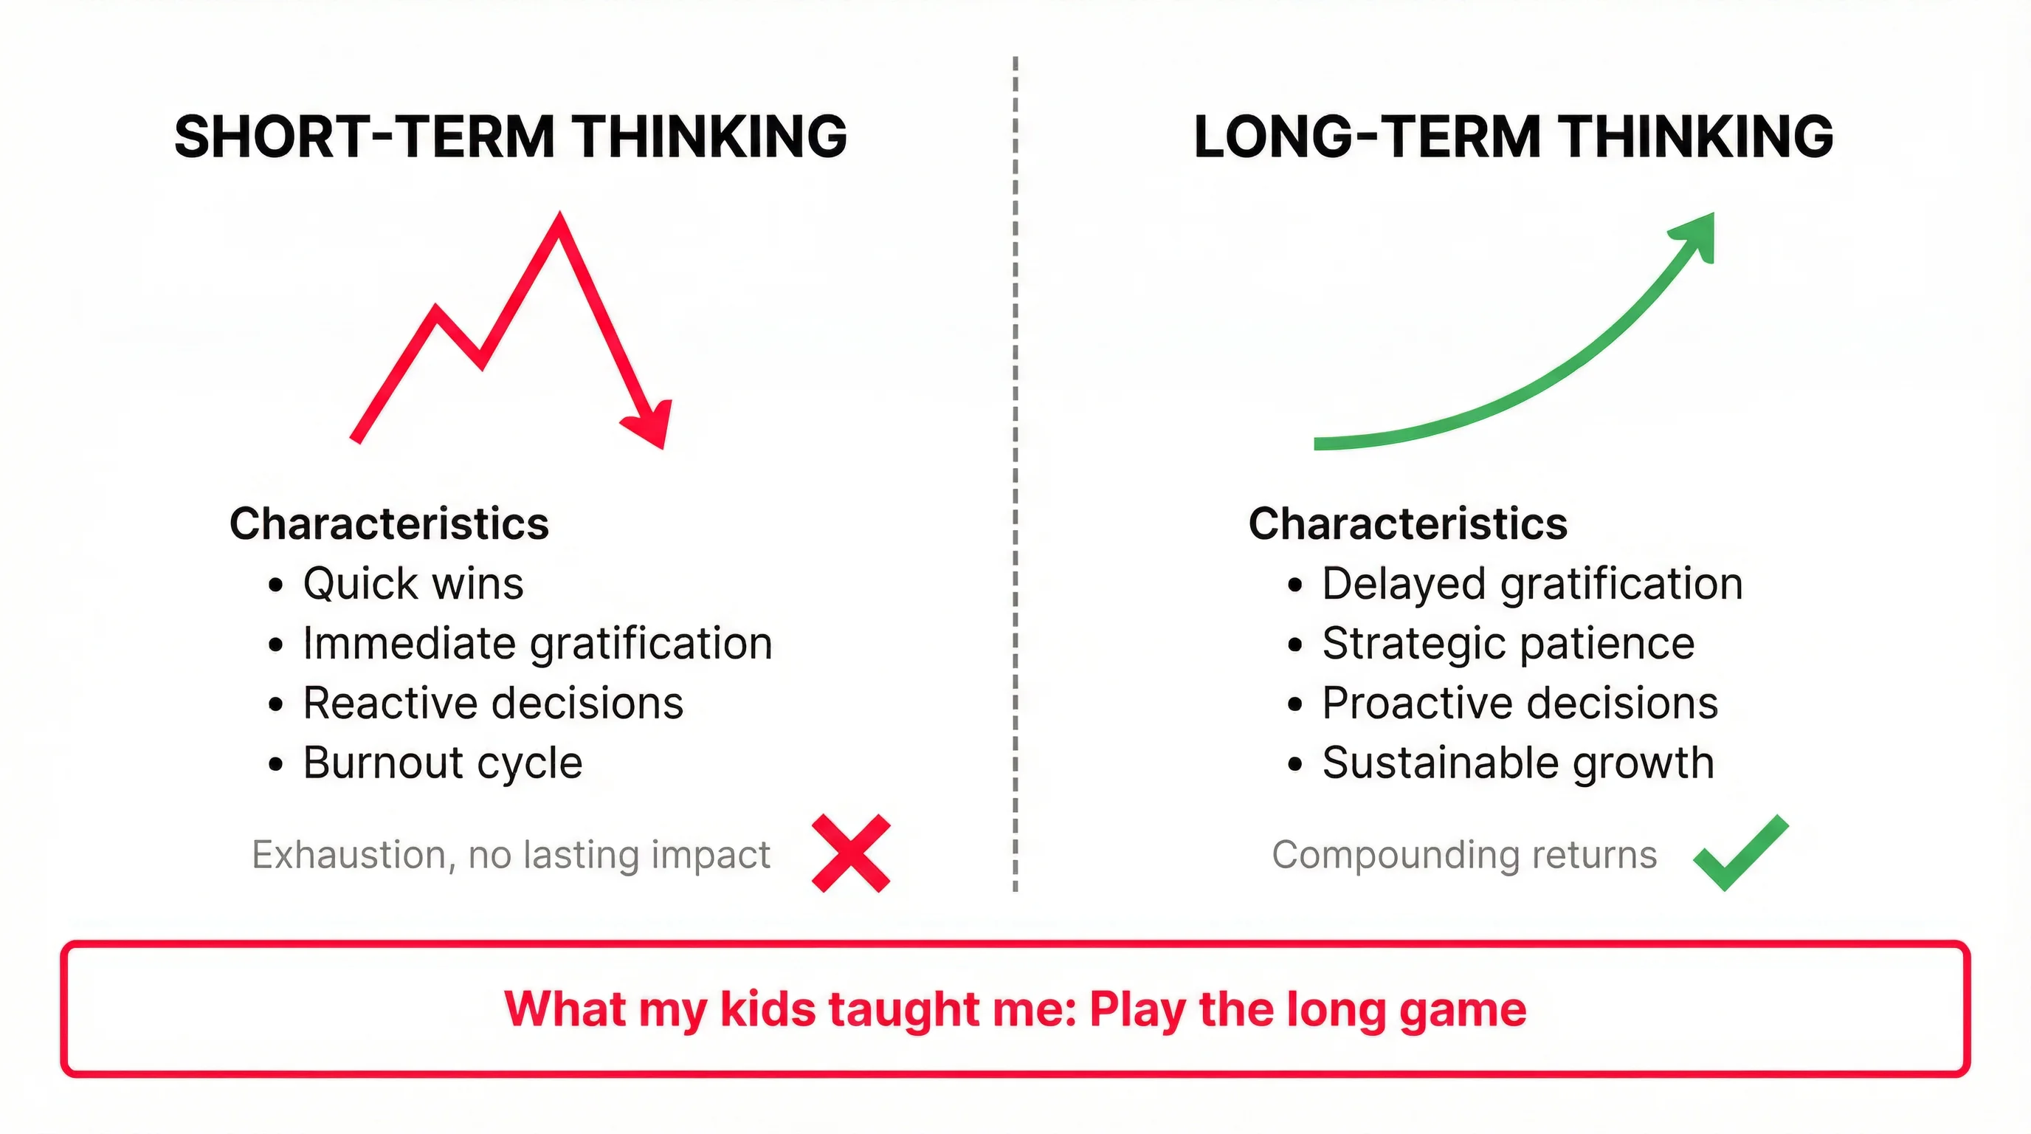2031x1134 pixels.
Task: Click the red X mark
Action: [851, 853]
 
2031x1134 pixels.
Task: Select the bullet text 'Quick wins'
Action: [413, 584]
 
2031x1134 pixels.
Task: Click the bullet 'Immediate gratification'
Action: [537, 644]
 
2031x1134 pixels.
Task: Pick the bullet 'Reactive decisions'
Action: [493, 704]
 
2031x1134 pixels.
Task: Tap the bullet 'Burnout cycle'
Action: [442, 763]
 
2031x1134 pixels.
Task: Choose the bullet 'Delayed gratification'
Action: [1532, 584]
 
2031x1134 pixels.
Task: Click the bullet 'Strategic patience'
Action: [1508, 644]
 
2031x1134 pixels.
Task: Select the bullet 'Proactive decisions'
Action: [1520, 704]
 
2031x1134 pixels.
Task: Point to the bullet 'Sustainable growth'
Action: [1518, 763]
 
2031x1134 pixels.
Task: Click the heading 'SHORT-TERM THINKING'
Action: [510, 137]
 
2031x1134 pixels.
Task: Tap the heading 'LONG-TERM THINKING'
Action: [1513, 137]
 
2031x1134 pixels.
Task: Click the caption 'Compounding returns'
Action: [1464, 855]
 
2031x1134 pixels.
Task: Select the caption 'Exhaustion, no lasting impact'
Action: [511, 855]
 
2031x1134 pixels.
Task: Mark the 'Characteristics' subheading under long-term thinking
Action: [1407, 523]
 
